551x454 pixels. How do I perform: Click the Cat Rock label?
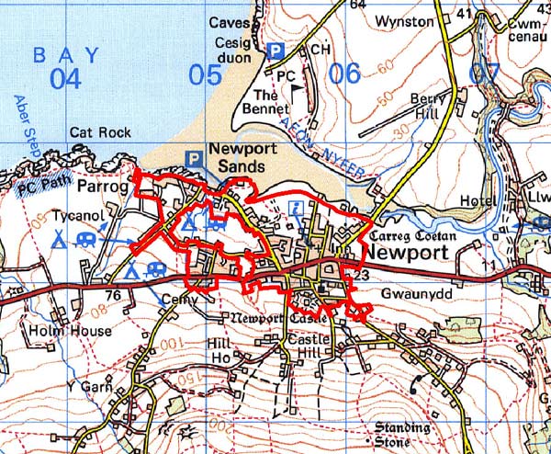tap(100, 132)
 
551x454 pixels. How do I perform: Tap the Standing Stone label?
tap(402, 434)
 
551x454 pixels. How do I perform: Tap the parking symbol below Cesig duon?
tap(274, 52)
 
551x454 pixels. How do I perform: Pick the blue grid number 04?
tap(65, 79)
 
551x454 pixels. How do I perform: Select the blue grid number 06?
tap(344, 73)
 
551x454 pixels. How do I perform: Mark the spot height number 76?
tap(113, 295)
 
